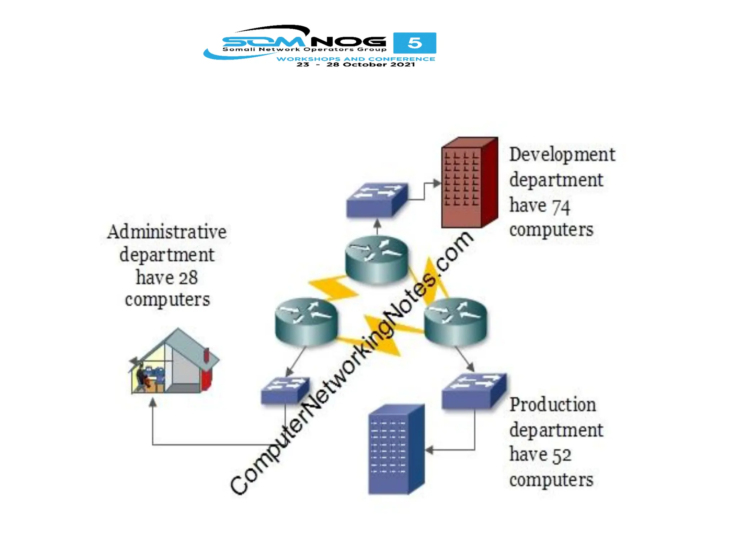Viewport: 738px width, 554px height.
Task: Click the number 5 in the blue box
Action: (x=414, y=43)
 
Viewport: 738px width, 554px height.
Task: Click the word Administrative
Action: (x=166, y=232)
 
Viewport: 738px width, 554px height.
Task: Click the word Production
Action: (x=552, y=405)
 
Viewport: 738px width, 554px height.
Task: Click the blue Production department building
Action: (x=396, y=449)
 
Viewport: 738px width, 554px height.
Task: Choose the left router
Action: (x=306, y=321)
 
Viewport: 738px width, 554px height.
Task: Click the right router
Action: (x=455, y=321)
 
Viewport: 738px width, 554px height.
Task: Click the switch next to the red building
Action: (x=377, y=200)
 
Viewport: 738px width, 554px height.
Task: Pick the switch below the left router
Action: (x=285, y=390)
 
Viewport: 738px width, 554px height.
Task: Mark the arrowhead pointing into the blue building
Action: (x=429, y=450)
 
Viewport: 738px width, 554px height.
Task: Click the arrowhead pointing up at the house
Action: (x=153, y=402)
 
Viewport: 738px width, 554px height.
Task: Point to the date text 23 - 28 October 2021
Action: (x=356, y=65)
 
